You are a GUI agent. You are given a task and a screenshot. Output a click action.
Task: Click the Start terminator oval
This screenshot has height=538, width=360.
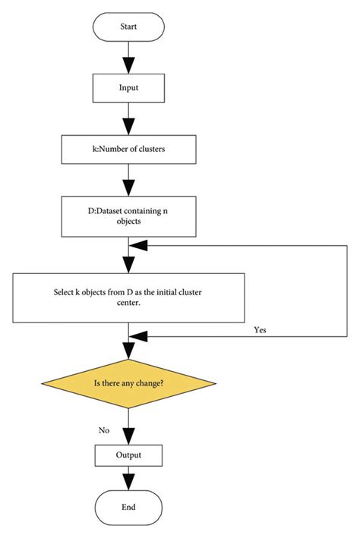(x=128, y=27)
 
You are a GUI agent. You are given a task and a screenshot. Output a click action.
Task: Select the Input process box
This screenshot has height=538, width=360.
(x=128, y=87)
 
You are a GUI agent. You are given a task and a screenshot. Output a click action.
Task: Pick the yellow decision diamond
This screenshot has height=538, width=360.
(x=128, y=384)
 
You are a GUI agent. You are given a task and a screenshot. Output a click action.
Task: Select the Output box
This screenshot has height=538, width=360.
(x=128, y=455)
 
